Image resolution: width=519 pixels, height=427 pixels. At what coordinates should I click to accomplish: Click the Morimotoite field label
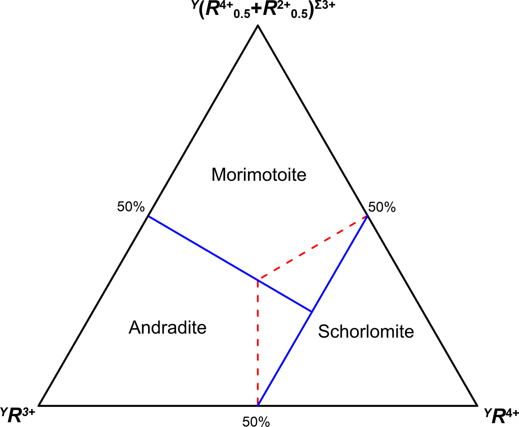[259, 175]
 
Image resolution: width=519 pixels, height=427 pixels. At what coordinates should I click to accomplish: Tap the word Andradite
[168, 328]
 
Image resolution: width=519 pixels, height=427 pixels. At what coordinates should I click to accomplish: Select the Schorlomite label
[366, 331]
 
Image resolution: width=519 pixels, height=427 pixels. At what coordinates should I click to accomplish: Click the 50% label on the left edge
[130, 207]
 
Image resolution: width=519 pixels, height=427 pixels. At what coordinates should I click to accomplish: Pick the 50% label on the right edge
[382, 207]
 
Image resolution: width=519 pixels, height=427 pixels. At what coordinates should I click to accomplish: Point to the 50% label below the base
[256, 421]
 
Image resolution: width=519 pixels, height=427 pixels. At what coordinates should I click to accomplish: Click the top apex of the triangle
[258, 25]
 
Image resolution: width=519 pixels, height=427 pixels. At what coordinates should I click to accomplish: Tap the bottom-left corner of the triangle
[39, 405]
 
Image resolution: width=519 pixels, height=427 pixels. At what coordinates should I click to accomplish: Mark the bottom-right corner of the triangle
[477, 405]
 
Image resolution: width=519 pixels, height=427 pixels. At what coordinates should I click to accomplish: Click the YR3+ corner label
[18, 415]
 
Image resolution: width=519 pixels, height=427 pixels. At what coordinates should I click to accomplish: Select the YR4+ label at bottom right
[501, 415]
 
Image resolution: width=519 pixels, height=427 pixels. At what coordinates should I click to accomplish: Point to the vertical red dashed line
[258, 341]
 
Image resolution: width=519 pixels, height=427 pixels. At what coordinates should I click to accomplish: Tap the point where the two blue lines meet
[312, 312]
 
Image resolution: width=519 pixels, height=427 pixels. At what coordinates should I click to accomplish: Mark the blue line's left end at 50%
[148, 216]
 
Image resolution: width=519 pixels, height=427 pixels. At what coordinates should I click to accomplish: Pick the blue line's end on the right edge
[367, 216]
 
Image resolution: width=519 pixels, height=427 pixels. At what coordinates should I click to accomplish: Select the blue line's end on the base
[258, 405]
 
